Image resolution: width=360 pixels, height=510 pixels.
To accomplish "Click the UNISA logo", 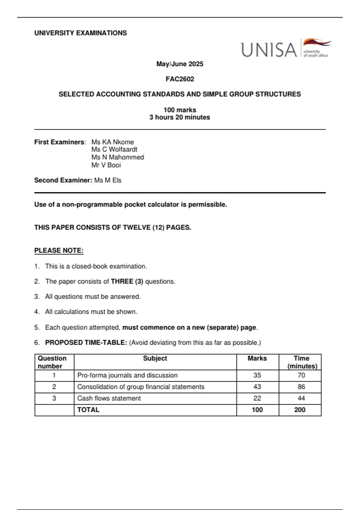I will pyautogui.click(x=286, y=49).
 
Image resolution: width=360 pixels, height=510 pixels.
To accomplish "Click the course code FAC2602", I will pyautogui.click(x=180, y=79).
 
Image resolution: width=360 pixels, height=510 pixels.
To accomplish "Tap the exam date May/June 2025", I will pyautogui.click(x=180, y=64).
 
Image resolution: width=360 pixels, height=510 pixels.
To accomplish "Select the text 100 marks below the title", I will pyautogui.click(x=180, y=110).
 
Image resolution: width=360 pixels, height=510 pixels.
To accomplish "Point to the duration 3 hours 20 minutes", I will pyautogui.click(x=180, y=117).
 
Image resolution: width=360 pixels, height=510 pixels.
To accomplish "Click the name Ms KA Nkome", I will pyautogui.click(x=112, y=142).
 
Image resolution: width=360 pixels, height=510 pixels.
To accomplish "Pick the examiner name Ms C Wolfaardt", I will pyautogui.click(x=114, y=149).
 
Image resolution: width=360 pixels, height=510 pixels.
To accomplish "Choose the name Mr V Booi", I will pyautogui.click(x=106, y=165).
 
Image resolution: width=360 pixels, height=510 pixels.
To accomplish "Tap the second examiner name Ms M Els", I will pyautogui.click(x=108, y=180).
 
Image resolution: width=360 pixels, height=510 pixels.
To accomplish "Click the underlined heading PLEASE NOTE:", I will pyautogui.click(x=59, y=250).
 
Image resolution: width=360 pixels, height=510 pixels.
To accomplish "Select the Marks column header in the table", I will pyautogui.click(x=257, y=358).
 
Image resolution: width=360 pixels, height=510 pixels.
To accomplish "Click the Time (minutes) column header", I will pyautogui.click(x=301, y=362).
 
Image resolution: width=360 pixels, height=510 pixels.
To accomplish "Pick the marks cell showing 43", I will pyautogui.click(x=257, y=387).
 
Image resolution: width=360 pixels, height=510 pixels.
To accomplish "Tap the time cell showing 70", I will pyautogui.click(x=301, y=375).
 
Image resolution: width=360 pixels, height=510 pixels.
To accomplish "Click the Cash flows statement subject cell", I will pyautogui.click(x=109, y=398).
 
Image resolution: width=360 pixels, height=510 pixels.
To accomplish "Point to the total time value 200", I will pyautogui.click(x=300, y=410).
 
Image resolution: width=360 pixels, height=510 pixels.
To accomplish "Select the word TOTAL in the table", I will pyautogui.click(x=88, y=410).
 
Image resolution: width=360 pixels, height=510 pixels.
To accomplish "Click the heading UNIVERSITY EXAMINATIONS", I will pyautogui.click(x=80, y=33).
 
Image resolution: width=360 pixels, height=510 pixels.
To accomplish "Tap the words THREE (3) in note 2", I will pyautogui.click(x=127, y=281).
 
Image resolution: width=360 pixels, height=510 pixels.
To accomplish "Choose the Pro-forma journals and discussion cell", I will pyautogui.click(x=127, y=375).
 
